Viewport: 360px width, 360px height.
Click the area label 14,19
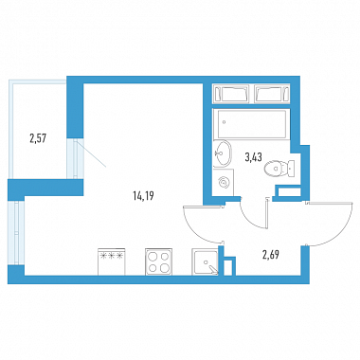143,197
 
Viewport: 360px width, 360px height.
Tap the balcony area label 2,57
38,138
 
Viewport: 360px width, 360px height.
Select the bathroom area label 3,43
253,156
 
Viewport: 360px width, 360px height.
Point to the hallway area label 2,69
271,254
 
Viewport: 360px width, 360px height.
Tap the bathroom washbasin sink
222,153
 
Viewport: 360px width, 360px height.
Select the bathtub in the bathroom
251,124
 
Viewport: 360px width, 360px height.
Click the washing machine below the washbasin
223,182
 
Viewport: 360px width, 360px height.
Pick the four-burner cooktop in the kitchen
159,261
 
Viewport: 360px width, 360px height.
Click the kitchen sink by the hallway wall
206,261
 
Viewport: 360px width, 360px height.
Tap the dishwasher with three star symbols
111,261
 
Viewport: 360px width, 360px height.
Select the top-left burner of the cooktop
153,256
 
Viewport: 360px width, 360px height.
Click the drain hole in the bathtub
225,121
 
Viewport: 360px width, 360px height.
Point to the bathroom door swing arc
248,218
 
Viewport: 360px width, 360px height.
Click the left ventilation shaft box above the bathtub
232,94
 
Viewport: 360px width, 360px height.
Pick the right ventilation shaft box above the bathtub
272,94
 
